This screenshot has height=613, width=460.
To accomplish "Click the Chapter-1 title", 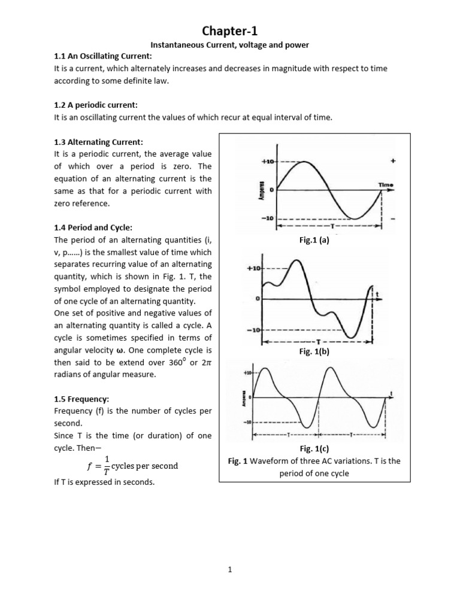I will point(230,31).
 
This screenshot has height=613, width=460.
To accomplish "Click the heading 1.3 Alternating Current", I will point(98,142).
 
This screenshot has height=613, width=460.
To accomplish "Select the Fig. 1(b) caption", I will point(314,352).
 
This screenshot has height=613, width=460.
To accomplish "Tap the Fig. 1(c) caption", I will point(314,448).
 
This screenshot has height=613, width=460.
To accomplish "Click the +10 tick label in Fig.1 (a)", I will point(267,162).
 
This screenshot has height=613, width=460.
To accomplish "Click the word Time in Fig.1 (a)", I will point(385,185).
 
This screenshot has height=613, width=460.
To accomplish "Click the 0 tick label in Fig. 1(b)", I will point(258,298).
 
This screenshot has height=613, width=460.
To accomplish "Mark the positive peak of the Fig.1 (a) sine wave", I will point(305,162).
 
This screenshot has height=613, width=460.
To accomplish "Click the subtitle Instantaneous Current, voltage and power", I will point(229,45).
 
